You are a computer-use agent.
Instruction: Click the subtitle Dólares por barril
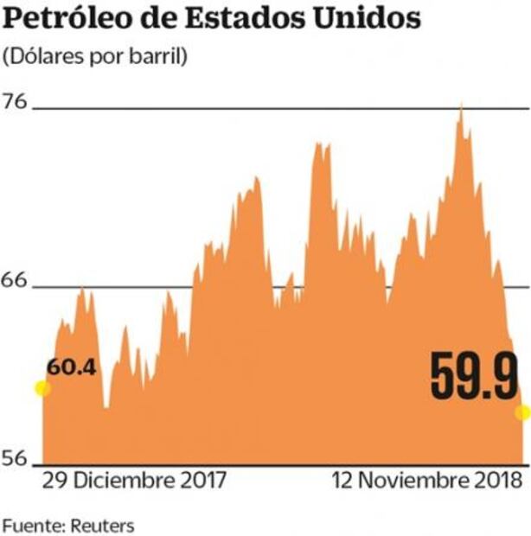pyautogui.click(x=95, y=57)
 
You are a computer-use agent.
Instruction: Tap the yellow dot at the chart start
pyautogui.click(x=42, y=388)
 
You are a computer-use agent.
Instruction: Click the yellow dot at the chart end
pyautogui.click(x=522, y=412)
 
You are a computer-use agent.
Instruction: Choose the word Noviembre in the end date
pyautogui.click(x=410, y=480)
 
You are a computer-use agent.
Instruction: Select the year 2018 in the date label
pyautogui.click(x=495, y=480)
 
